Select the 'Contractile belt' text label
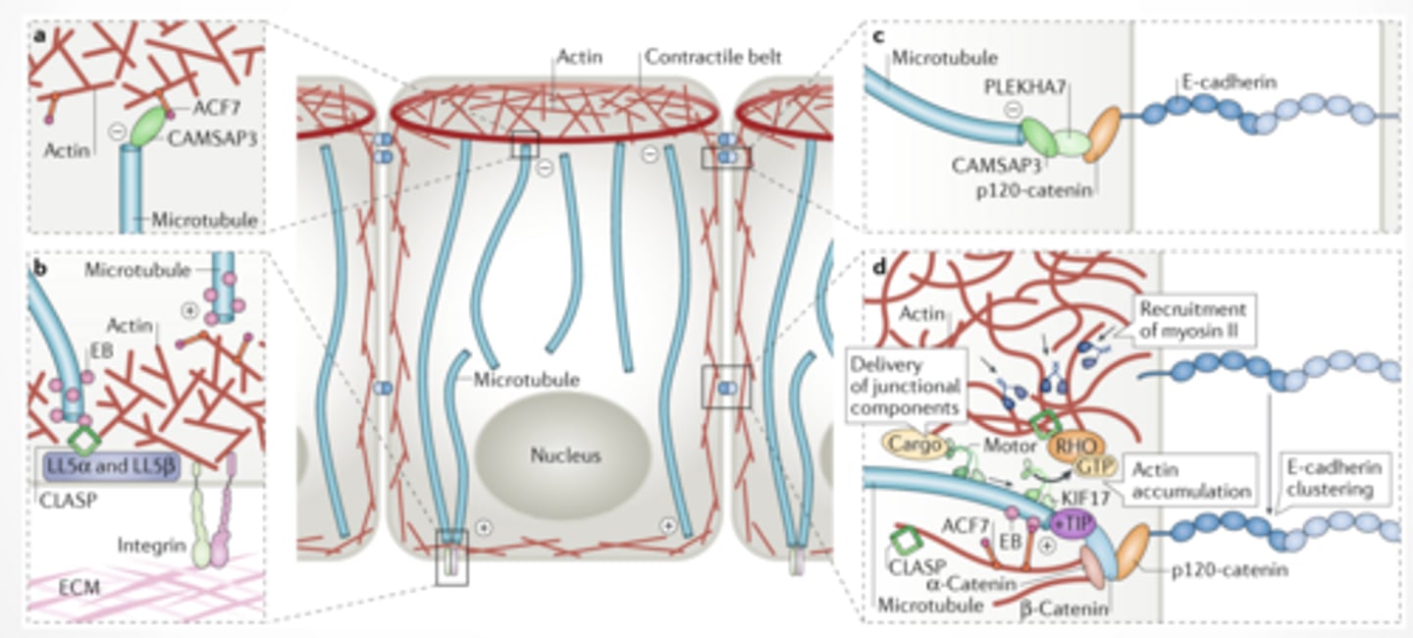712,57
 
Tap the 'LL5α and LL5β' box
111,465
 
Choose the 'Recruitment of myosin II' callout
1191,319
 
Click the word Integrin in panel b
151,544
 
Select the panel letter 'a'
38,35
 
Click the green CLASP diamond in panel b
86,438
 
